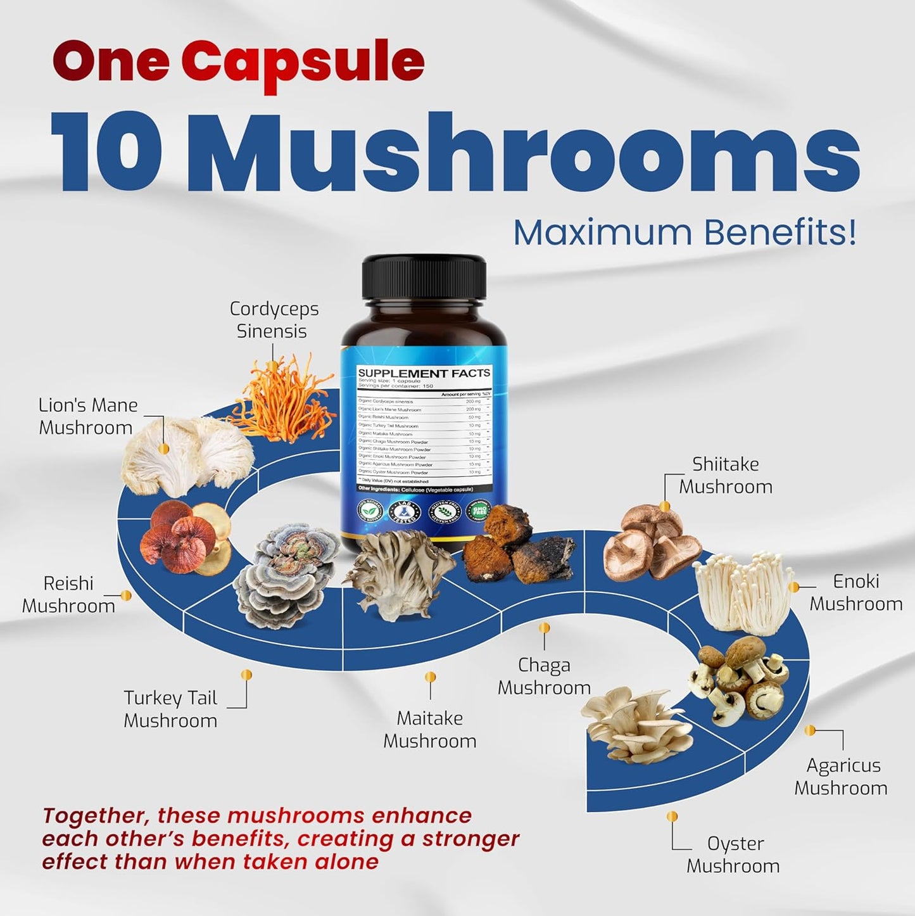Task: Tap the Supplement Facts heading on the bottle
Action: (424, 373)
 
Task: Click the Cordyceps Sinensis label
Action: (274, 320)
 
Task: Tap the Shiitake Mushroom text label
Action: (726, 475)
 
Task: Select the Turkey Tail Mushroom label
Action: (170, 709)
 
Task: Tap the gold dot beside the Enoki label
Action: (793, 587)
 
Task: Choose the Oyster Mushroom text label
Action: (733, 855)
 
